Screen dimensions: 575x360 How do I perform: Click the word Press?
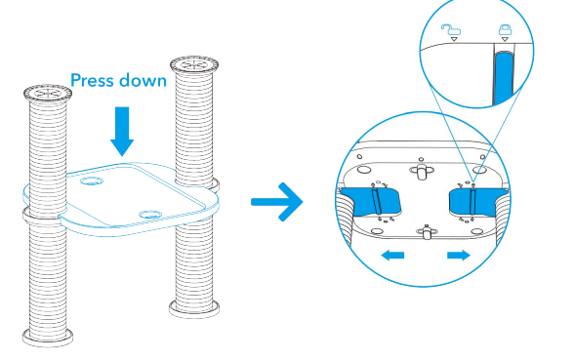(93, 80)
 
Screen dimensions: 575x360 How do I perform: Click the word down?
(144, 80)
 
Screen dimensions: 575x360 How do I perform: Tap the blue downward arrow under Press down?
(122, 132)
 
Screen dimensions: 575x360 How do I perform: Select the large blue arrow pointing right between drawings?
(277, 202)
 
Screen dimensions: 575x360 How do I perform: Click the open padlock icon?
(451, 30)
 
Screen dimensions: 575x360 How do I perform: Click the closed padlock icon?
(505, 29)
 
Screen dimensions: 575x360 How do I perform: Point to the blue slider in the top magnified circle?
(504, 78)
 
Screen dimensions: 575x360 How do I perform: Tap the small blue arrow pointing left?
(392, 255)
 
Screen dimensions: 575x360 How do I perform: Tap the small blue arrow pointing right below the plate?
(459, 255)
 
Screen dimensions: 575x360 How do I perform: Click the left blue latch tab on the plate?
(370, 201)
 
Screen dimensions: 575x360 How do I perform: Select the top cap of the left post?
(48, 93)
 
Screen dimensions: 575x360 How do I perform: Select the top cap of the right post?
(194, 65)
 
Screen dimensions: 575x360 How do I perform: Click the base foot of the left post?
(48, 337)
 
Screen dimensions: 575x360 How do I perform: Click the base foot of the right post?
(194, 307)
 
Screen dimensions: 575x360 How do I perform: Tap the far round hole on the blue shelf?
(92, 180)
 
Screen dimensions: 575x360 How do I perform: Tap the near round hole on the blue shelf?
(150, 214)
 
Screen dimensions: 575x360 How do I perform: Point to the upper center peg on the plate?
(422, 171)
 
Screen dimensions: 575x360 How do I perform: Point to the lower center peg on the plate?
(426, 231)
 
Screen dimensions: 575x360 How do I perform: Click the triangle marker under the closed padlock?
(505, 39)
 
